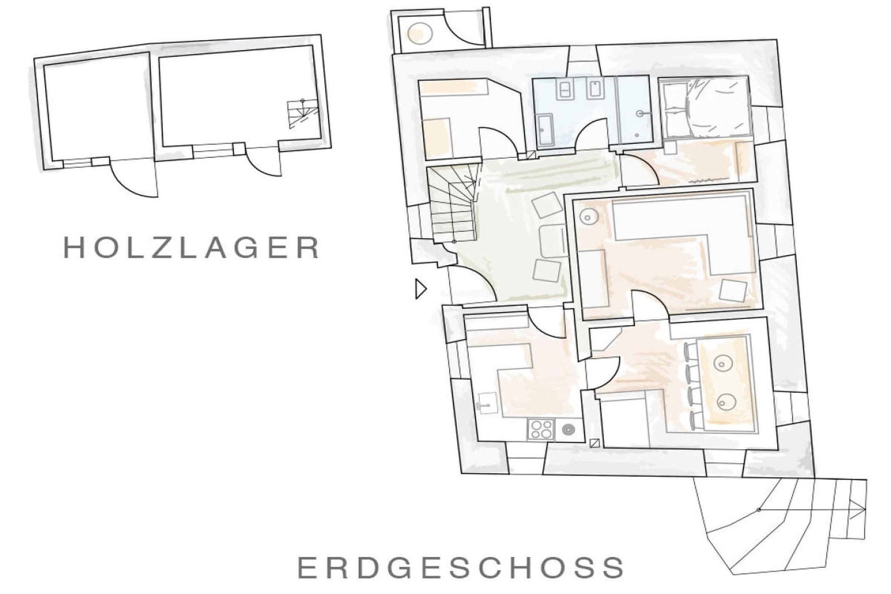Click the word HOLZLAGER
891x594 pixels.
[192, 248]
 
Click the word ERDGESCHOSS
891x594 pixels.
[461, 567]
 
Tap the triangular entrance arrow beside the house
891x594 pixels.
[421, 289]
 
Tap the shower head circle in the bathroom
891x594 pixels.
[640, 114]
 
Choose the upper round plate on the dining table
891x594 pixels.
[723, 362]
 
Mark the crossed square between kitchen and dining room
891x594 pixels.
[595, 443]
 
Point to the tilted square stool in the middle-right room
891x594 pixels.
[733, 290]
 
